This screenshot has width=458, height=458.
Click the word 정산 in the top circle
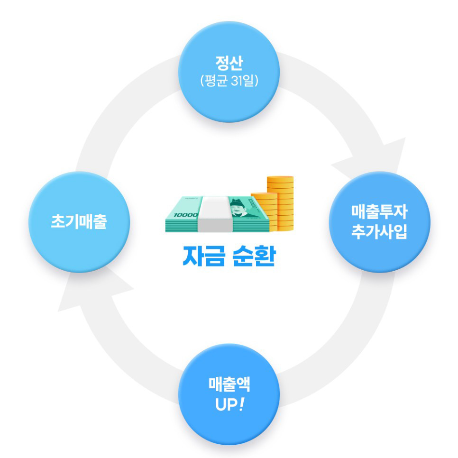[x=229, y=63]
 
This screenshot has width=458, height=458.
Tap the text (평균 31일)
[x=229, y=81]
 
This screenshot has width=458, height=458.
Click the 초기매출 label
[x=79, y=221]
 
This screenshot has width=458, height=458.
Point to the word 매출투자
[x=379, y=210]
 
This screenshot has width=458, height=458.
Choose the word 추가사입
[x=379, y=233]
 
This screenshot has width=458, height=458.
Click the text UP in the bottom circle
[x=224, y=405]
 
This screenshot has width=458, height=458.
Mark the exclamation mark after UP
[x=242, y=405]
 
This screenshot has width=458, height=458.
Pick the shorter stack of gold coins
[x=264, y=211]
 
